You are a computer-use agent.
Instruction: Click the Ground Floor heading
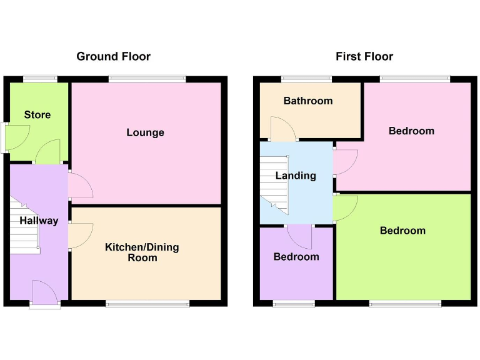click(113, 56)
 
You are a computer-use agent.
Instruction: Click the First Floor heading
click(364, 56)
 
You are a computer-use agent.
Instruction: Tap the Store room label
click(37, 115)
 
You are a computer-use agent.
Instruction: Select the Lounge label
click(145, 132)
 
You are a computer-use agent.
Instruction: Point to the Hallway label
click(39, 221)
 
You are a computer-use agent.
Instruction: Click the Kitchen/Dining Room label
click(141, 252)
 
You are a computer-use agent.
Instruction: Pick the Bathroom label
click(308, 101)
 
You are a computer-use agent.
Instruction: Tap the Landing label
click(296, 176)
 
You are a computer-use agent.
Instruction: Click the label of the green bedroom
click(402, 231)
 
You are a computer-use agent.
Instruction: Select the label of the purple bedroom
click(296, 257)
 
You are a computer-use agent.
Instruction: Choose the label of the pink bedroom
click(411, 131)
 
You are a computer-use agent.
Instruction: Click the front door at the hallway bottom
click(44, 294)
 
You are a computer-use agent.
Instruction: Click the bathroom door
click(283, 129)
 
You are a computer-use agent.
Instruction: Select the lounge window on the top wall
click(147, 79)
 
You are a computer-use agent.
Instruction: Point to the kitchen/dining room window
click(147, 304)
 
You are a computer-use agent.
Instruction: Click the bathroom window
click(306, 79)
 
